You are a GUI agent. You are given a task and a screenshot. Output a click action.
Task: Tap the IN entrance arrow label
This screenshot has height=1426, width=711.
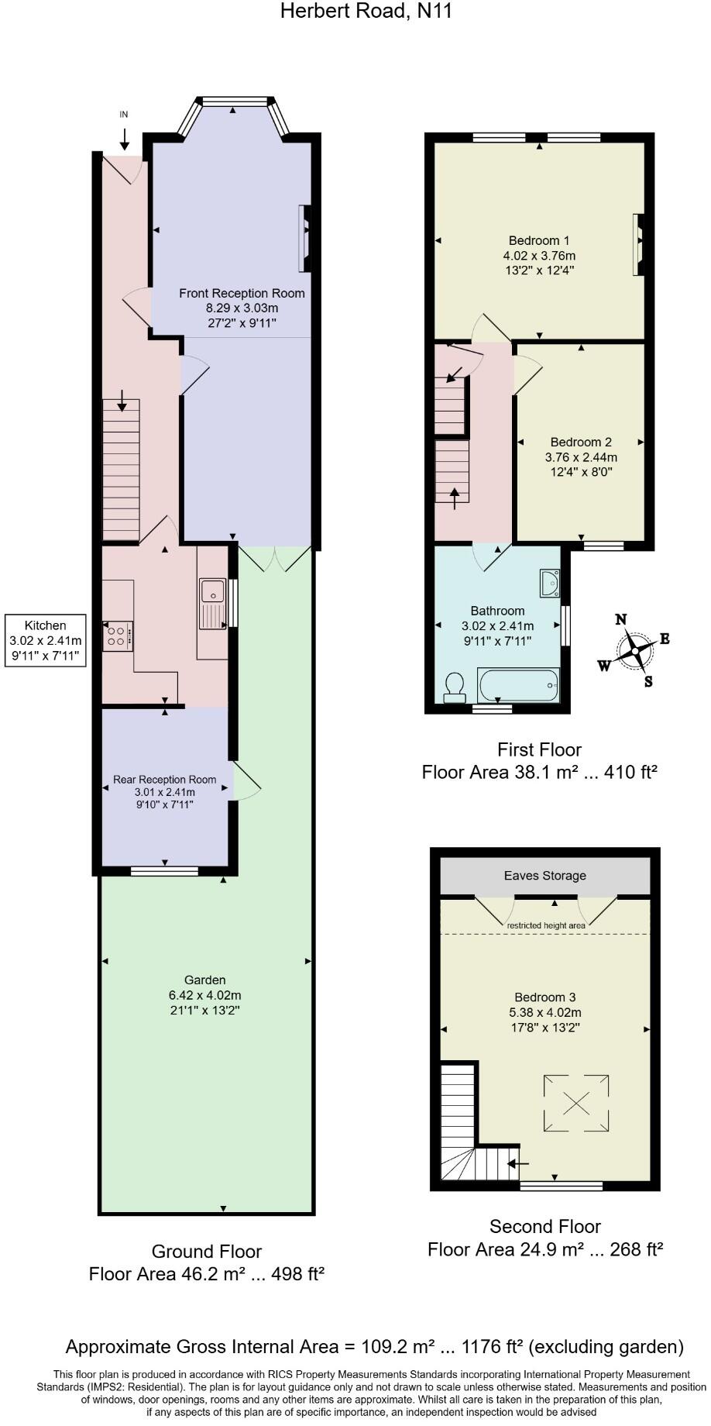[124, 114]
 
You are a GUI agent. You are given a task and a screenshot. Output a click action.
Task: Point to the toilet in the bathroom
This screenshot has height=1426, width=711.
[455, 687]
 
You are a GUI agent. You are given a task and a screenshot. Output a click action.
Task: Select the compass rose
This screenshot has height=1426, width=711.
[635, 650]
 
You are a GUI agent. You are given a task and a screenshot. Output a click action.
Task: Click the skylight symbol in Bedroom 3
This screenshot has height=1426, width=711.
[575, 1102]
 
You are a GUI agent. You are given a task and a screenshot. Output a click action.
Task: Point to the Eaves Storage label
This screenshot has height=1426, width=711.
[544, 876]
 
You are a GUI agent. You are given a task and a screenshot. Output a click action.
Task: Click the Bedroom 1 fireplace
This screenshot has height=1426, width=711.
[637, 244]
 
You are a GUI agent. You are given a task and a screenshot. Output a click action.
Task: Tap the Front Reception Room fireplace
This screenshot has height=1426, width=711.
[305, 239]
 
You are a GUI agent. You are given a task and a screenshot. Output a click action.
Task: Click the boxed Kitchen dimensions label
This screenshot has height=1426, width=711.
[45, 640]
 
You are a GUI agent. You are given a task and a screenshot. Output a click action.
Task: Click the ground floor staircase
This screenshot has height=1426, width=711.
[122, 469]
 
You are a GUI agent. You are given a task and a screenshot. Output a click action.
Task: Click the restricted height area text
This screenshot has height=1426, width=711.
[546, 925]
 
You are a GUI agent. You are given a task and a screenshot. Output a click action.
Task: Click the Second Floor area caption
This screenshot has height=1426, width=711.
[544, 1238]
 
